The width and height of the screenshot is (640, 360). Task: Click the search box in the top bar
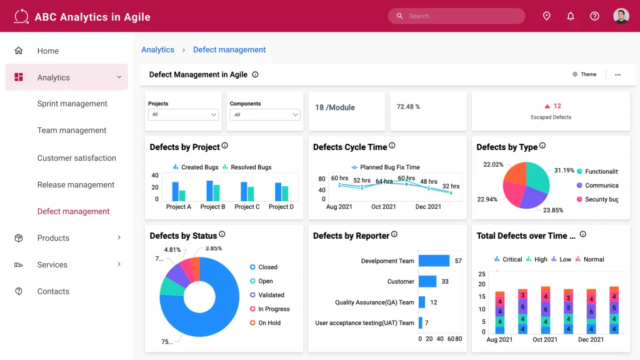(456, 16)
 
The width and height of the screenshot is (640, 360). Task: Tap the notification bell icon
(571, 16)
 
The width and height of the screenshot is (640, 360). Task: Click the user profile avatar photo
(621, 16)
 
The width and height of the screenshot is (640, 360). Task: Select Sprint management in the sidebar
(72, 104)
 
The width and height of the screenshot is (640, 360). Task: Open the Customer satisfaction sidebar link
(77, 158)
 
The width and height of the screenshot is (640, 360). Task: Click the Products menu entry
(53, 238)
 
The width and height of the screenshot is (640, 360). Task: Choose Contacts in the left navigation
(53, 291)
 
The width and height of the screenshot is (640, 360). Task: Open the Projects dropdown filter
(184, 115)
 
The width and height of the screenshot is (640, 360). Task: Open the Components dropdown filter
(265, 115)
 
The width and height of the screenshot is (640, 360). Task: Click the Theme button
(584, 74)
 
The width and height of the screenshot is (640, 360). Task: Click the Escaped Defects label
(551, 117)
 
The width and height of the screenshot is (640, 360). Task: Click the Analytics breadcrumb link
(157, 50)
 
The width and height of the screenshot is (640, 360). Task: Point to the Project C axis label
(247, 207)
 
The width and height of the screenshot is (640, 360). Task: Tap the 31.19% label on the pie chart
(564, 170)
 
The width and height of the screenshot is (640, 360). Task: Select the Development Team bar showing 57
(434, 261)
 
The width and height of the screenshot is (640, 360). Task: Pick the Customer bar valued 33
(427, 281)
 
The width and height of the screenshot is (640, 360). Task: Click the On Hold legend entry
(269, 323)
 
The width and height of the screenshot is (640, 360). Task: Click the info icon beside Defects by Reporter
(394, 234)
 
